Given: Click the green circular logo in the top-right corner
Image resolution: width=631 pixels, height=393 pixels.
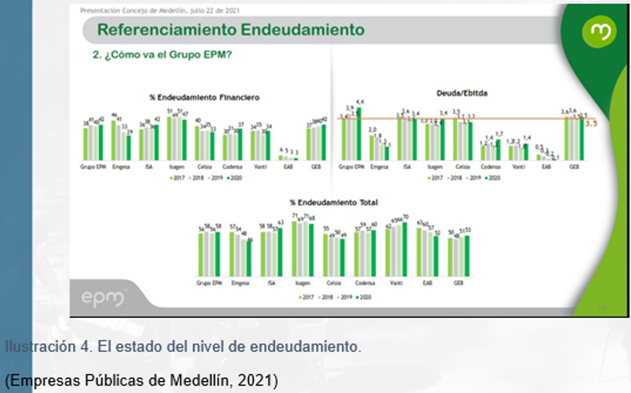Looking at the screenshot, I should click(599, 31).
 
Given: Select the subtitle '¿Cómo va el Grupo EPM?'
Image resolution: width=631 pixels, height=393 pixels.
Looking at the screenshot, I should click(162, 55).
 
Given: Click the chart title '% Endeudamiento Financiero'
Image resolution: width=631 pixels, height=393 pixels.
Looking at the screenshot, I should click(204, 97).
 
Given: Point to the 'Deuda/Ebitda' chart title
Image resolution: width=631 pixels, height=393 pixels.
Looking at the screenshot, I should click(462, 94).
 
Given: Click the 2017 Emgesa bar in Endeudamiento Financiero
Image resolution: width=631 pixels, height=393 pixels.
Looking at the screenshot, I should click(113, 139).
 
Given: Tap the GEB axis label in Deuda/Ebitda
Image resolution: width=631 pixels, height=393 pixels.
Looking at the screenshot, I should click(575, 167).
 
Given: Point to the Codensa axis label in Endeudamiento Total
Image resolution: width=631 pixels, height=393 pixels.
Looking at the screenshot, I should click(365, 283).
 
